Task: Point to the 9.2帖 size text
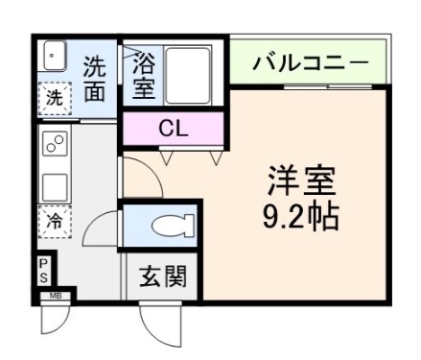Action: pyautogui.click(x=300, y=218)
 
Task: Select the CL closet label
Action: pyautogui.click(x=173, y=128)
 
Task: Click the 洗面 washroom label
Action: pyautogui.click(x=94, y=80)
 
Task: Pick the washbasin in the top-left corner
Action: pyautogui.click(x=53, y=57)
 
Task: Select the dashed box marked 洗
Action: pyautogui.click(x=54, y=97)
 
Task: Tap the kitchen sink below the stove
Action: pyautogui.click(x=54, y=184)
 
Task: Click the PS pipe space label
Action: pyautogui.click(x=43, y=270)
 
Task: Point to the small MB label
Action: pyautogui.click(x=56, y=297)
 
